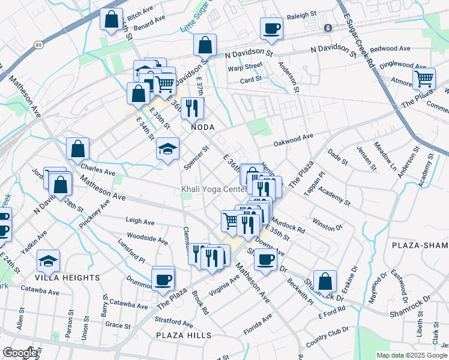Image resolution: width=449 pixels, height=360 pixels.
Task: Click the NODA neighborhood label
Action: [202, 128]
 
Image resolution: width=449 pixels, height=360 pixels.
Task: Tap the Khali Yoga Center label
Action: [214, 190]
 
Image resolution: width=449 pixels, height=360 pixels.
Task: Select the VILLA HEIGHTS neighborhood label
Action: [67, 278]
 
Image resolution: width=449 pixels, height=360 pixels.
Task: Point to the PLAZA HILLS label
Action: [184, 335]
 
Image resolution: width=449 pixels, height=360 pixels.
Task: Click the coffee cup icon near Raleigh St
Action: [271, 28]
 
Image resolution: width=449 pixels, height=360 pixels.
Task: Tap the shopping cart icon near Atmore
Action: [424, 78]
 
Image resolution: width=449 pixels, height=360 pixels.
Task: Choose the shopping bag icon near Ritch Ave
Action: [112, 20]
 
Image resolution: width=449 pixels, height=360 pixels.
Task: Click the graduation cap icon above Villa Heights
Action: [48, 261]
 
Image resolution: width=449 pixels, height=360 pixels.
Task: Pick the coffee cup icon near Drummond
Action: [163, 279]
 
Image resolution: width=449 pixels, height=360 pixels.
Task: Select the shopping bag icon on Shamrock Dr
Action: [325, 281]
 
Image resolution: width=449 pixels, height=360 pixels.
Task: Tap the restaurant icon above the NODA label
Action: [192, 107]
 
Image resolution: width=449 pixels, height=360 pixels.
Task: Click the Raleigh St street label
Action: [301, 15]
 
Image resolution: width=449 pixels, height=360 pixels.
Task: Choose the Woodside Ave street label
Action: [147, 239]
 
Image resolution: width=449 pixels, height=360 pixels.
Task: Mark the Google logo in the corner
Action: [19, 353]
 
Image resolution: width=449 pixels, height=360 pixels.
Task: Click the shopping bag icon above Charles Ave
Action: [78, 149]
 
